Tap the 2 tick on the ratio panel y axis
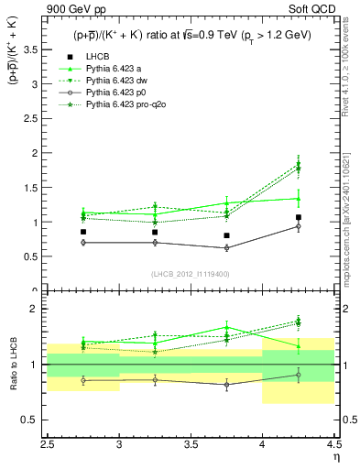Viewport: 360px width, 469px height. pos(38,309)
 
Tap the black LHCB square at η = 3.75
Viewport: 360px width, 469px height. pos(227,235)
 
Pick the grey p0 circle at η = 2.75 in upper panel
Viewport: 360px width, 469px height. pos(84,243)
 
